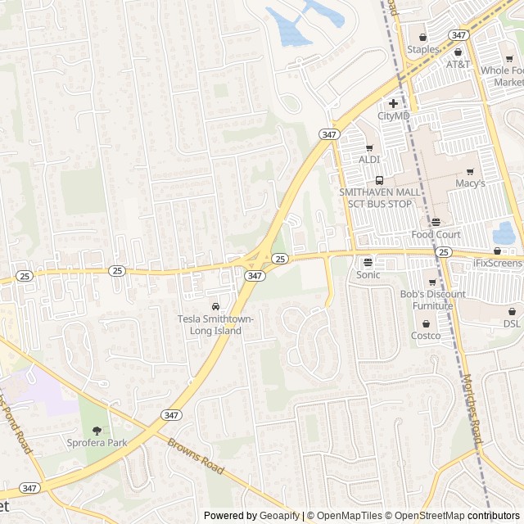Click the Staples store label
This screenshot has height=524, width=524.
click(423, 50)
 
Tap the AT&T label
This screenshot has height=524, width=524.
click(458, 64)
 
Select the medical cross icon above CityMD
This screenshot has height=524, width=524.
click(394, 103)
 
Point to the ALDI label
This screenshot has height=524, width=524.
click(369, 159)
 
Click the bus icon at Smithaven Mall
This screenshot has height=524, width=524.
click(379, 180)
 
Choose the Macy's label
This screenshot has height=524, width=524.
click(471, 183)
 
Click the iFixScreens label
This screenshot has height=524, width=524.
click(498, 264)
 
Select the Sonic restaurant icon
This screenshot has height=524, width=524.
click(368, 263)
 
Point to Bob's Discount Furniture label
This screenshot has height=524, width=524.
click(432, 300)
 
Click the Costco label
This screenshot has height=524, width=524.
click(426, 336)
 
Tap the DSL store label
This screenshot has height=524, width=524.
click(512, 323)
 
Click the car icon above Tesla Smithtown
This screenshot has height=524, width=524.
click(216, 306)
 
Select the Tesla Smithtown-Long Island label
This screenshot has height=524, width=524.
click(215, 324)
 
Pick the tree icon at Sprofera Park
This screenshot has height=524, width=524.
click(97, 431)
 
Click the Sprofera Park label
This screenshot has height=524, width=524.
click(97, 443)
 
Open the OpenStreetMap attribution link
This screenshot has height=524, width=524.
click(425, 516)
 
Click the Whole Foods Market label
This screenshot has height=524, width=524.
click(502, 76)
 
